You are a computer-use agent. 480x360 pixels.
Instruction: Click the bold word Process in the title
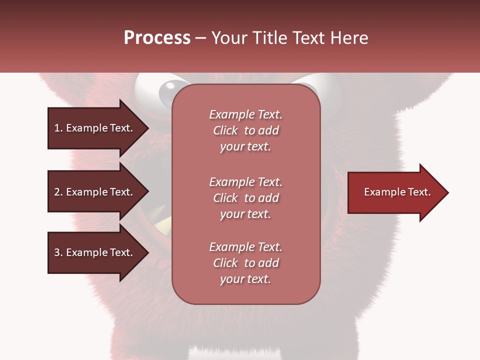tap(157, 38)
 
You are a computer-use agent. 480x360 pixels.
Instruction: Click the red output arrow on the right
tap(395, 192)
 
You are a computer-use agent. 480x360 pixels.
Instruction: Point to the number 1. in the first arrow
tap(58, 128)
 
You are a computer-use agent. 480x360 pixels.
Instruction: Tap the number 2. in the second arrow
tap(58, 192)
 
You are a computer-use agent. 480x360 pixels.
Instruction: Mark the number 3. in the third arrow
tap(58, 252)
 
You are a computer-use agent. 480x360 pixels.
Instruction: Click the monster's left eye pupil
tap(167, 93)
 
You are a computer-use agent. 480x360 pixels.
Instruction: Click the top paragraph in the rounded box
tap(245, 130)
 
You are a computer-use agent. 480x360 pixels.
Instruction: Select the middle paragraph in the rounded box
tap(245, 198)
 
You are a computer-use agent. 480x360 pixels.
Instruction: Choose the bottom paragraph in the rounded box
tap(245, 263)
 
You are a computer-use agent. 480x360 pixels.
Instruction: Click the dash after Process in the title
tap(201, 38)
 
